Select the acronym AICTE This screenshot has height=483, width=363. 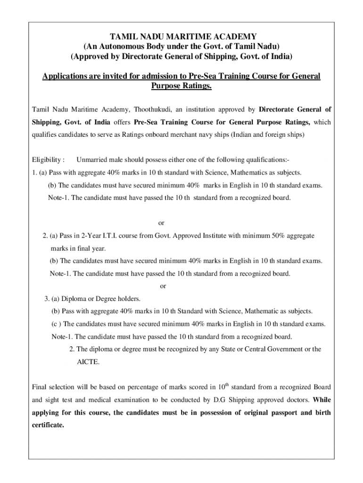click(x=88, y=362)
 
